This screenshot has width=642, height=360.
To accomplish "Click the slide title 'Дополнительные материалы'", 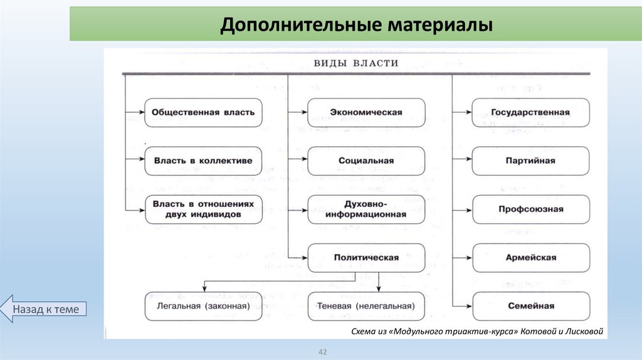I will coord(355,24).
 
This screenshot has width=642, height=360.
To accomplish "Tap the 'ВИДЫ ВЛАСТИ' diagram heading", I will coord(355,63).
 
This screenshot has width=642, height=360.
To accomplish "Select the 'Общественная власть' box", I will coord(204,113).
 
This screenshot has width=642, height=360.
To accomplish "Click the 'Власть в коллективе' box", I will coord(204,161).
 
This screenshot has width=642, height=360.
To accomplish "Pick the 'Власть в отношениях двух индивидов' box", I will coord(204,209).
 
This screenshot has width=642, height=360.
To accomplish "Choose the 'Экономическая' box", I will coord(366,113).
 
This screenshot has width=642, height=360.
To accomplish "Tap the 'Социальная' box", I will coord(366,161).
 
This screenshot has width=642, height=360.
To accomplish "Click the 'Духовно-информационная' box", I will coord(366,209).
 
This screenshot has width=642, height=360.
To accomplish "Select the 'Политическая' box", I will coord(366,258).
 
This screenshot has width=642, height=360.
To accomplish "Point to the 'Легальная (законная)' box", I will coord(204,306).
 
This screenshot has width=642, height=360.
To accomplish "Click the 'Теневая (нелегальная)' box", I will coord(366,306).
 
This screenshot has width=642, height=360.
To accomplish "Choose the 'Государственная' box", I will coord(530,113).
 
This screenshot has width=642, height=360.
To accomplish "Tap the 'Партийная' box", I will coord(530,161).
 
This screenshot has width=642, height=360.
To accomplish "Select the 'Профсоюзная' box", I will coord(530,209).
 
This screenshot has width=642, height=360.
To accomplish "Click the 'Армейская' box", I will coord(530,258).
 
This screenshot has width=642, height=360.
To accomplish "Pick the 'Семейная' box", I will coord(530,306).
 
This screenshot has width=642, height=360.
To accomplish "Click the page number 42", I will coord(324,352).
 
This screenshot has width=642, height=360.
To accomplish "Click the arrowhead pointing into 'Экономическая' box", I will coord(303,113).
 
